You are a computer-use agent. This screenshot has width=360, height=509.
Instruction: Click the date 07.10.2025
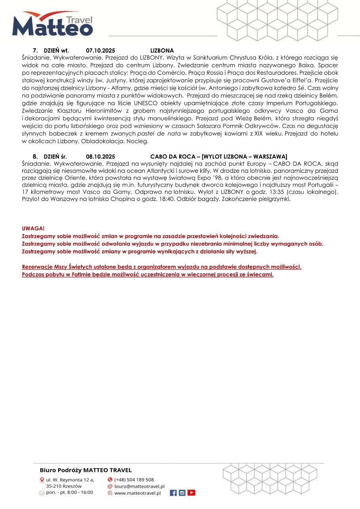100,51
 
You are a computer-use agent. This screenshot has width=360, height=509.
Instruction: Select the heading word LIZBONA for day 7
162,51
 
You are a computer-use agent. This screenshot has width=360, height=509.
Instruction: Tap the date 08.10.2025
100,156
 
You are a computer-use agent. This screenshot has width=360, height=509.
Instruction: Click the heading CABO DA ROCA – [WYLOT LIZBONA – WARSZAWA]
219,156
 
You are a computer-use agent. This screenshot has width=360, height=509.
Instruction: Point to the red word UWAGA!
34,229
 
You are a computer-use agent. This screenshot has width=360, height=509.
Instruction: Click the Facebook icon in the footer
173,493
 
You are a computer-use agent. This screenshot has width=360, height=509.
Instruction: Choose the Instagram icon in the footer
182,493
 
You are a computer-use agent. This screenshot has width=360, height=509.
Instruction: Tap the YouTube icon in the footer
191,493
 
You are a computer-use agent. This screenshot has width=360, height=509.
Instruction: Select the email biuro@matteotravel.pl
139,486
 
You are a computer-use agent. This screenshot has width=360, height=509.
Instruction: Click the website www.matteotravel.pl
137,493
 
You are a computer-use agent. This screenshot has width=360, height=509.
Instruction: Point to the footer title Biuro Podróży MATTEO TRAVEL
86,470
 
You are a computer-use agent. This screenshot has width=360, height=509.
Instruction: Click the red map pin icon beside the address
42,480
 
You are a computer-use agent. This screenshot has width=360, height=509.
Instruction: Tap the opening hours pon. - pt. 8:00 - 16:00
70,492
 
